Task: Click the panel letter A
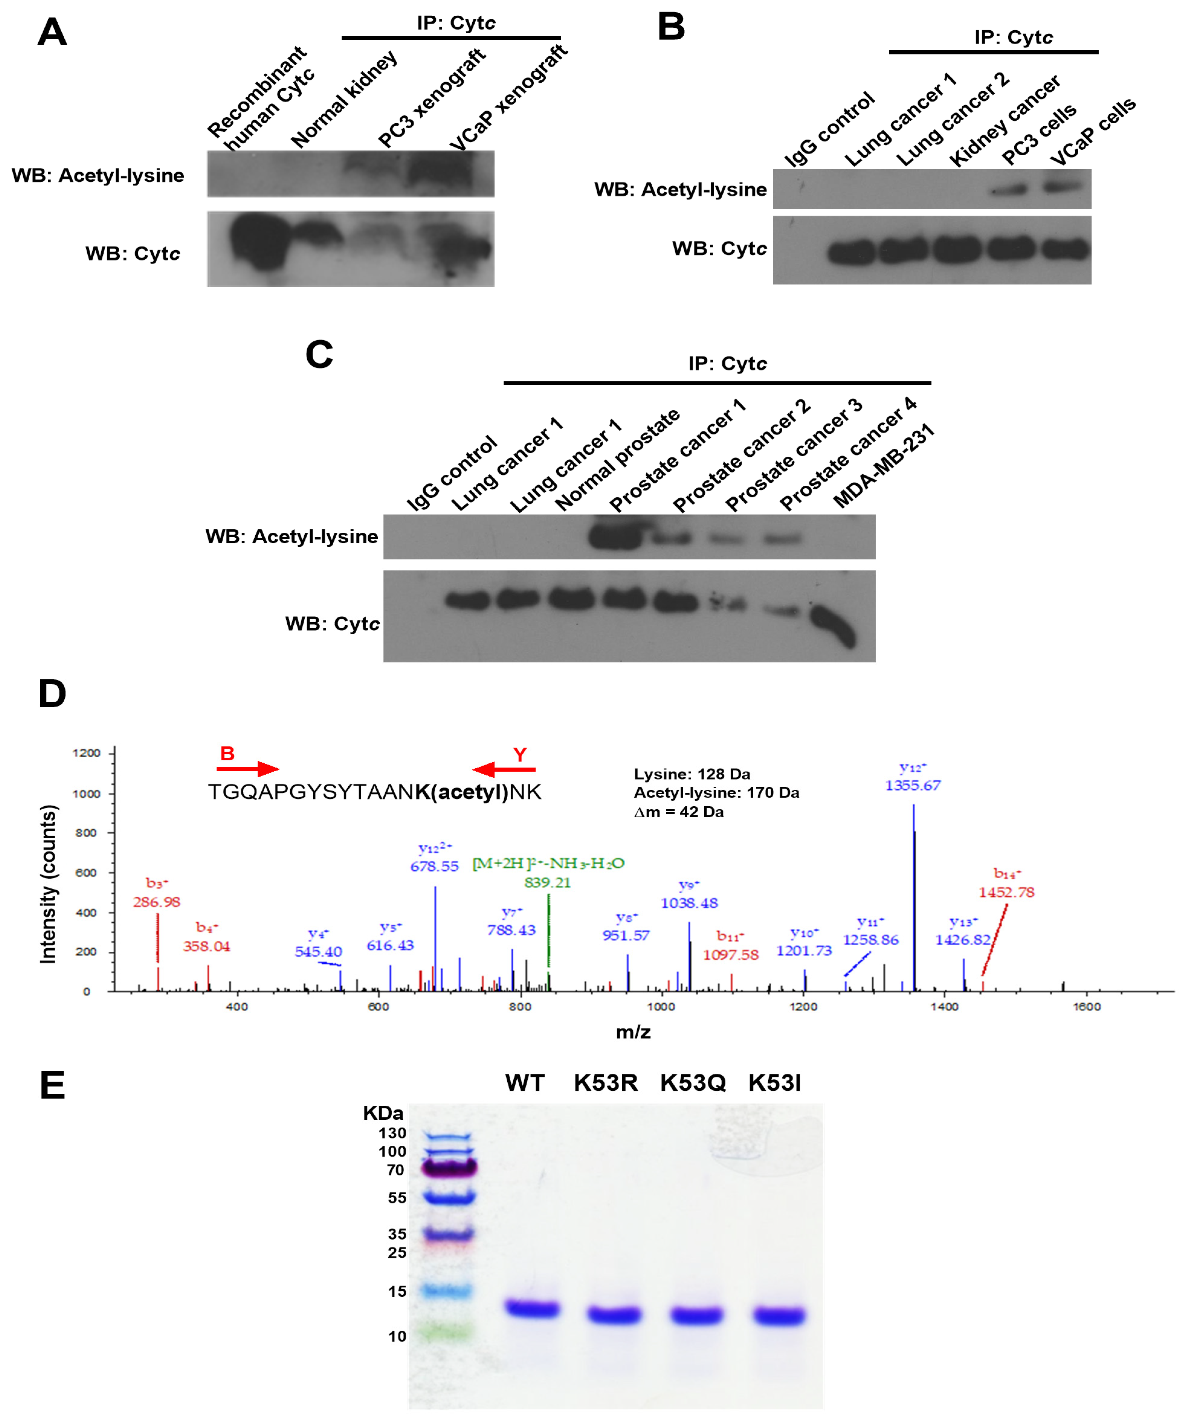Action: click(x=52, y=32)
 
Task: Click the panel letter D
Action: click(x=52, y=694)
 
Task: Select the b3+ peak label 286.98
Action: click(x=156, y=902)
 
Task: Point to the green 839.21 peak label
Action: click(x=547, y=882)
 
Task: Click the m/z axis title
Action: click(x=633, y=1032)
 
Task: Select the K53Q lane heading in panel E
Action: click(x=693, y=1083)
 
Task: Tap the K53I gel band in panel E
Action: click(x=780, y=1316)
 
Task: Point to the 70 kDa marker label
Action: click(x=395, y=1170)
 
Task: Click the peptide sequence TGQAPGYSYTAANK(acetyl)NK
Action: click(x=374, y=792)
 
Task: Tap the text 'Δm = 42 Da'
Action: click(x=679, y=812)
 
